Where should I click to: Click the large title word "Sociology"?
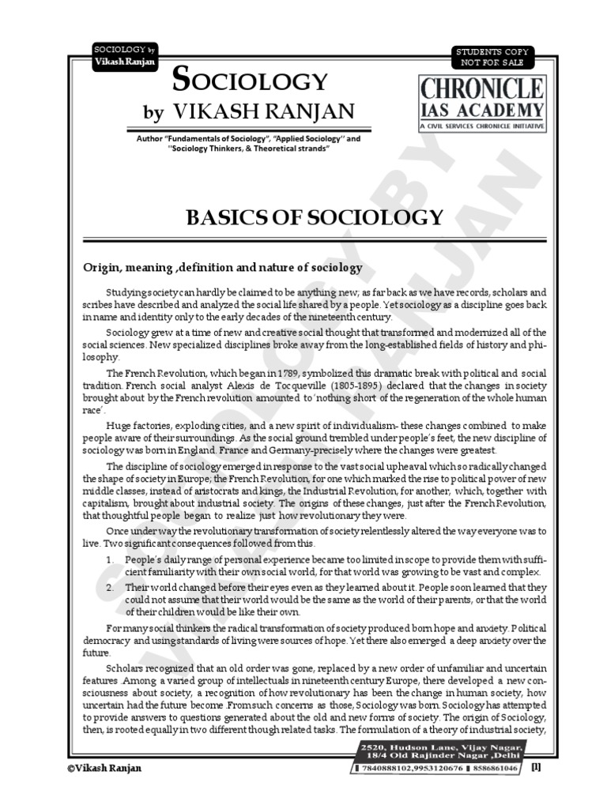(248, 80)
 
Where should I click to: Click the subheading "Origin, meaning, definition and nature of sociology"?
(223, 268)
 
